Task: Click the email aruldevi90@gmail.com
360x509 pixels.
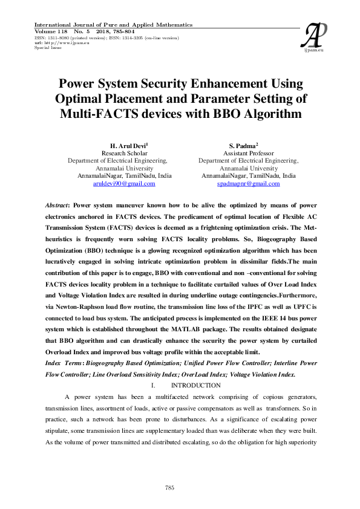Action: pos(124,183)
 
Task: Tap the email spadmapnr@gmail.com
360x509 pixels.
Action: pos(248,183)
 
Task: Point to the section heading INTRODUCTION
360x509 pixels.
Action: pos(195,385)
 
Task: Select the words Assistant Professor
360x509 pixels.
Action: pos(248,154)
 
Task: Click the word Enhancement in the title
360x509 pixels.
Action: pos(215,83)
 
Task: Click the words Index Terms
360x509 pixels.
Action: pos(64,363)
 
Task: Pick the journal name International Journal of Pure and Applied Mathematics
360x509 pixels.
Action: pos(114,25)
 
